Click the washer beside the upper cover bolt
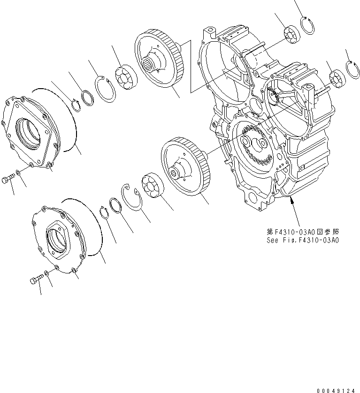point(17,174)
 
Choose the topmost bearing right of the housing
point(292,36)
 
